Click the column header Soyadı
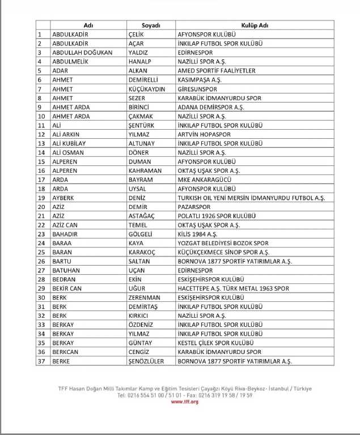point(151,25)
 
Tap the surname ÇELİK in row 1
point(136,35)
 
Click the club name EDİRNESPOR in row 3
point(196,53)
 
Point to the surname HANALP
point(139,62)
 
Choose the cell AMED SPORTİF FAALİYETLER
point(217,71)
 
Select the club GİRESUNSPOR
point(198,89)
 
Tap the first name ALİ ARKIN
point(66,134)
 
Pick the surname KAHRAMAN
point(146,170)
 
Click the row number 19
point(41,198)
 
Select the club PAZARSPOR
point(194,207)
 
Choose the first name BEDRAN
point(63,279)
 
